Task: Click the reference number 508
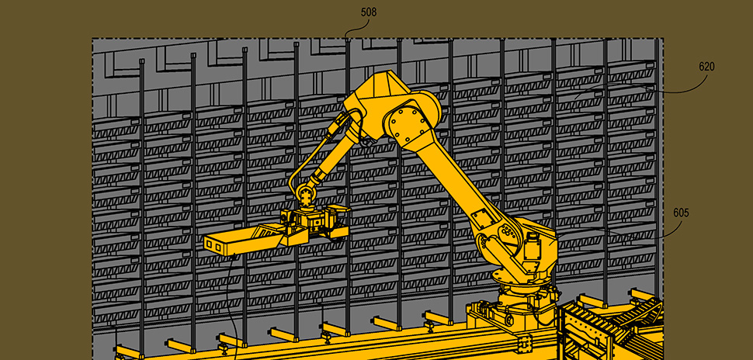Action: [x=369, y=12]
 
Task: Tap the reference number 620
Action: [x=706, y=67]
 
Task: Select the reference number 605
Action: [x=681, y=213]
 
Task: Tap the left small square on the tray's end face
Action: [x=210, y=244]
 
